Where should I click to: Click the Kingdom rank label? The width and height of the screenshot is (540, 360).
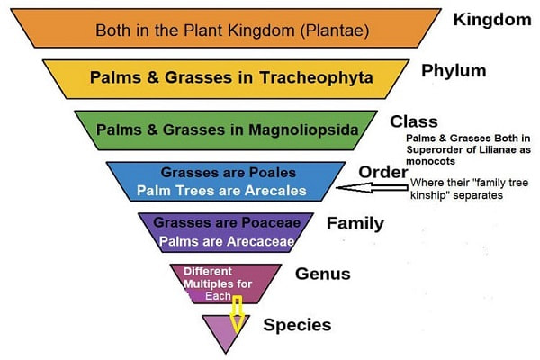click(x=492, y=20)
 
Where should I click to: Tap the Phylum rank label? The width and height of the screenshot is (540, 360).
click(x=454, y=71)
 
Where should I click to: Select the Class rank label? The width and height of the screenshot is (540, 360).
click(x=414, y=121)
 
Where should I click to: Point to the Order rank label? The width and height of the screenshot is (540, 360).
click(x=383, y=172)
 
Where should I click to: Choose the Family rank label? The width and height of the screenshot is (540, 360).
click(x=355, y=223)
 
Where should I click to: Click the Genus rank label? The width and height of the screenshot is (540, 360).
click(x=323, y=274)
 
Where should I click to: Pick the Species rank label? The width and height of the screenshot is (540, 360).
click(x=297, y=325)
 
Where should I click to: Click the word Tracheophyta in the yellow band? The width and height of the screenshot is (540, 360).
click(x=316, y=77)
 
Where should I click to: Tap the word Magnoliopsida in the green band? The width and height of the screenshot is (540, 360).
click(x=303, y=130)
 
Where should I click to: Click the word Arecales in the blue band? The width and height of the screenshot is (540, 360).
click(x=274, y=191)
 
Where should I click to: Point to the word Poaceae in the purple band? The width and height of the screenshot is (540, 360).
click(x=271, y=222)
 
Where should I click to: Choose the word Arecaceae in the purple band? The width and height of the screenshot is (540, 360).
click(x=261, y=241)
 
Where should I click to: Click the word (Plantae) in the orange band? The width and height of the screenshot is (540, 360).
click(x=335, y=31)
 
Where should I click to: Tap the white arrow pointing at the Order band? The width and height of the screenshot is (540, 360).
click(x=372, y=187)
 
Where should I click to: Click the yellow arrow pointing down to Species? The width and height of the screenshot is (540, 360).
click(x=237, y=314)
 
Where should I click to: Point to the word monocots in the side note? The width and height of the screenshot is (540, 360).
click(x=430, y=161)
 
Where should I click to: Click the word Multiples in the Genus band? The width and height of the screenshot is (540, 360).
click(x=204, y=284)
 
